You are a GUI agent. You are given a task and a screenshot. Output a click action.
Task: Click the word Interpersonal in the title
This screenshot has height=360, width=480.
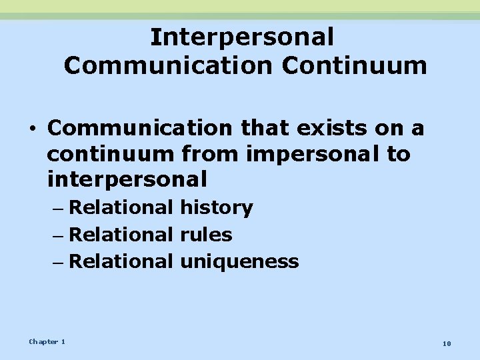241,37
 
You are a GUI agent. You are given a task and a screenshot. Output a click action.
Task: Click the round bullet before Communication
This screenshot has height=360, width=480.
32,128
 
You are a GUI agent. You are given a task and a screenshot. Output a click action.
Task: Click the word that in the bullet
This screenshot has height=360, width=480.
251,127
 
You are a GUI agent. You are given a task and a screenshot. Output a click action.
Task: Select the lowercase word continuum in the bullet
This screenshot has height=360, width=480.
108,153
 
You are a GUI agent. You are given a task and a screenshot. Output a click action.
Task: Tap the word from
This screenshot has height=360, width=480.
207,153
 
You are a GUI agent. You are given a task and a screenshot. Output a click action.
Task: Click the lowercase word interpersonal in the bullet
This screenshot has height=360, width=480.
127,179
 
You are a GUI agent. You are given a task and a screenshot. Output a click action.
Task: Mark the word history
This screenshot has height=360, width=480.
216,208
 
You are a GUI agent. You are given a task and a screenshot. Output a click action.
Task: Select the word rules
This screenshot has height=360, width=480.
206,235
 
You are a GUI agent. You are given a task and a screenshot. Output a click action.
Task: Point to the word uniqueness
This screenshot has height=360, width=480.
239,261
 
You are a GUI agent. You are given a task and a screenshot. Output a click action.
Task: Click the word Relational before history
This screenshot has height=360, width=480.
121,208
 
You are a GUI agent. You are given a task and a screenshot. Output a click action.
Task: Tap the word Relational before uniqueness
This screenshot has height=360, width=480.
121,261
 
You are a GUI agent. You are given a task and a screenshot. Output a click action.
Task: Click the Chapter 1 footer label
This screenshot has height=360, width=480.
47,341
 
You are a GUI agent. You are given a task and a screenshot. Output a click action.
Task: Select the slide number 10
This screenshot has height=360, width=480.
446,343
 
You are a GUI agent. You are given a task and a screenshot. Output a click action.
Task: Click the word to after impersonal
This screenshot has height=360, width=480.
398,153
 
